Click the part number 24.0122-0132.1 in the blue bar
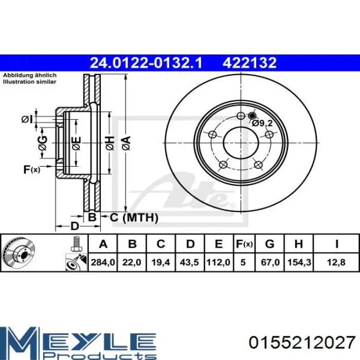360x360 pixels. [146, 63]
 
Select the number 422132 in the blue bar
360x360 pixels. [249, 63]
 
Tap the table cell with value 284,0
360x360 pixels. [103, 262]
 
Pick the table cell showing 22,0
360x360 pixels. [132, 262]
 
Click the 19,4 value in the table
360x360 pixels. [160, 262]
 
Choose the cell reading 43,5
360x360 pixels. [189, 262]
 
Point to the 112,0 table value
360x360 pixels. [219, 262]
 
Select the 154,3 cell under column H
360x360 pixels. [299, 262]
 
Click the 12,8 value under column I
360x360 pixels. [336, 262]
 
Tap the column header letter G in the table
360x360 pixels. [270, 244]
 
